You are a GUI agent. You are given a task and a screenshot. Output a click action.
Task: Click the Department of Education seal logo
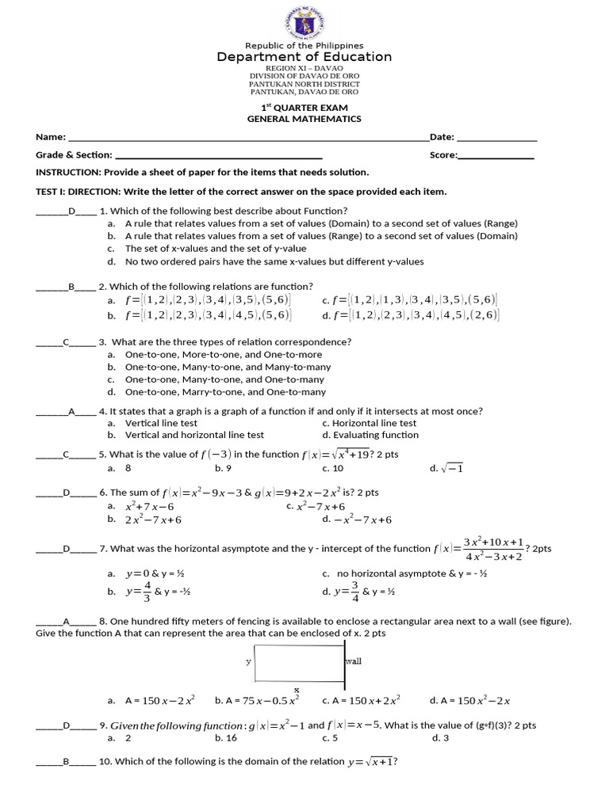tap(304, 21)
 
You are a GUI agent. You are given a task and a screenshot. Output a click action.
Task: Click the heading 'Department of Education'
tap(304, 57)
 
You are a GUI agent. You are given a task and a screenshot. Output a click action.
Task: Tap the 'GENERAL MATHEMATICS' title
tap(304, 119)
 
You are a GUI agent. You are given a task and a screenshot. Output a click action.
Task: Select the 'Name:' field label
tap(51, 137)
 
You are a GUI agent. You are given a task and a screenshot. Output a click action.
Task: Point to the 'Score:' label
tap(443, 155)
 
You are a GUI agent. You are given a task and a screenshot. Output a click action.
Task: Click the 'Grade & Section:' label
tap(74, 155)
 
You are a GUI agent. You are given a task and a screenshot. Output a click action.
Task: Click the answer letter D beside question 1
tap(71, 211)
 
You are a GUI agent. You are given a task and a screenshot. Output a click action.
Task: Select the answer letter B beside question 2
tap(71, 287)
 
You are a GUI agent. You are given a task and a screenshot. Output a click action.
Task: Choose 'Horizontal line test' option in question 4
tap(370, 423)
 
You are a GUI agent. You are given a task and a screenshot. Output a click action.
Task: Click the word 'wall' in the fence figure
tap(353, 661)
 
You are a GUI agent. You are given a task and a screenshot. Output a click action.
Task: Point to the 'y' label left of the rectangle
tap(248, 661)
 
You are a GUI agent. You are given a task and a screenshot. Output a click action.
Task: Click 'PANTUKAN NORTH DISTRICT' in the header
tap(304, 84)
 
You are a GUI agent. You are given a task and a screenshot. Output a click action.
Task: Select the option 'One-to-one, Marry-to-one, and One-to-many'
tap(225, 392)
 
